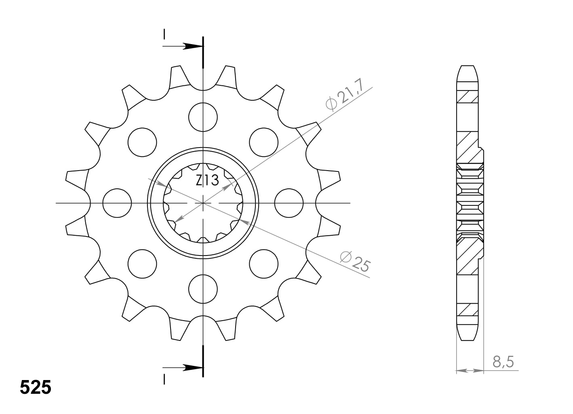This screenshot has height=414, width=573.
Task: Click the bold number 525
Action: click(x=36, y=387)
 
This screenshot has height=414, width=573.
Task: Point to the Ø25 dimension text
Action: click(x=355, y=262)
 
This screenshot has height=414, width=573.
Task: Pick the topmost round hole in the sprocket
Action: click(x=203, y=117)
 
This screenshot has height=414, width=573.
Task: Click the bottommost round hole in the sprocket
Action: click(x=203, y=288)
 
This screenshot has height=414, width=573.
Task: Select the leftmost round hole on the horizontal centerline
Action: click(x=117, y=203)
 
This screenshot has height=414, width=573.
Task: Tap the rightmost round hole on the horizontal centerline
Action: click(x=289, y=203)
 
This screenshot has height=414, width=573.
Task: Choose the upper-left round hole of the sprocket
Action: click(x=142, y=142)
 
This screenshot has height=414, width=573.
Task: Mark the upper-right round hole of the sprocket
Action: click(x=264, y=142)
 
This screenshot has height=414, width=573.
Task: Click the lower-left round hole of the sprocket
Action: click(x=142, y=264)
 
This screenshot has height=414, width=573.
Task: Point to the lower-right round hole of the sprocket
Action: click(x=264, y=264)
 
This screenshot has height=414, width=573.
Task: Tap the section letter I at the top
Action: click(x=164, y=34)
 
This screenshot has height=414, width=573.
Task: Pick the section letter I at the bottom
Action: click(x=164, y=379)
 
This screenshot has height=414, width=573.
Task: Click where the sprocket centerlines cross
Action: click(x=203, y=203)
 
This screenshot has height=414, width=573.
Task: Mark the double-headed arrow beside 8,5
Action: click(x=470, y=370)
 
